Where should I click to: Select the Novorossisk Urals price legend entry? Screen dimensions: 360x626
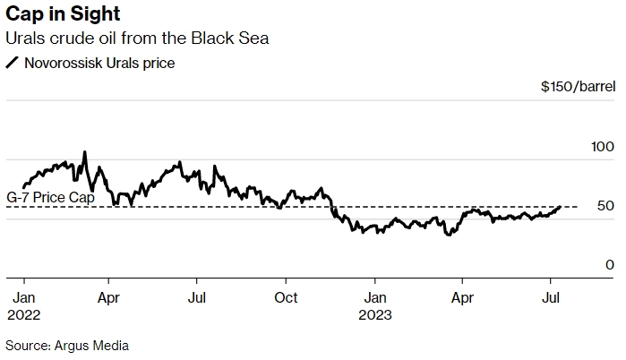click(x=99, y=63)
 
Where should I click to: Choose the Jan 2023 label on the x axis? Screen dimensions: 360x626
click(x=375, y=305)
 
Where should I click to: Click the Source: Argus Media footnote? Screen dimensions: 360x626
click(x=67, y=345)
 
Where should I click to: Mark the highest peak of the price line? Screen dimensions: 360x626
click(x=85, y=152)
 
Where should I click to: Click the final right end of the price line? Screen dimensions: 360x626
click(x=560, y=207)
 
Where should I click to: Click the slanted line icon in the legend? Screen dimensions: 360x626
click(x=12, y=63)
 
